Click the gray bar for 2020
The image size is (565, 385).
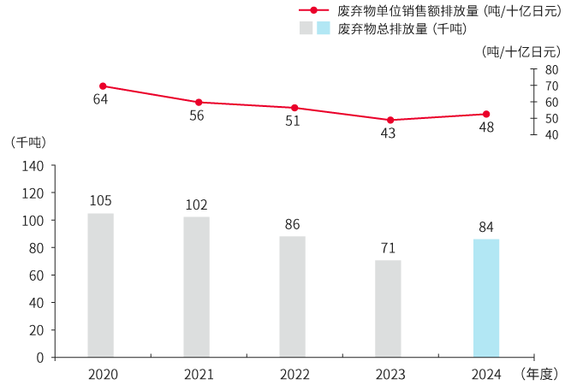[x=100, y=285]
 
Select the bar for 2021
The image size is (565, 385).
[x=196, y=287]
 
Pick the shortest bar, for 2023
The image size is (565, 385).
[x=388, y=308]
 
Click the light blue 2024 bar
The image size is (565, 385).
[x=486, y=298]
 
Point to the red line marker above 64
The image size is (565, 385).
[x=103, y=86]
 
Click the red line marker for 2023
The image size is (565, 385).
[x=390, y=120]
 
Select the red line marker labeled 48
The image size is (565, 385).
[x=486, y=114]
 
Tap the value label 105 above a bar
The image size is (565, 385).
[x=100, y=201]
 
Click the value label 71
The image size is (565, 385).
[x=388, y=248]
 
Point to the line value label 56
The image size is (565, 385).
[x=196, y=115]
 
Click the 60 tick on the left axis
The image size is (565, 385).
[x=36, y=275]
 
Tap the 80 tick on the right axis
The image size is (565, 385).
[x=551, y=69]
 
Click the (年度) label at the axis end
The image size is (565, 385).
[x=539, y=374]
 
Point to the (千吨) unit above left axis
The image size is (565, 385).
[x=26, y=142]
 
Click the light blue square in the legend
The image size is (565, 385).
[x=323, y=28]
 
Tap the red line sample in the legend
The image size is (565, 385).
[x=314, y=10]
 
